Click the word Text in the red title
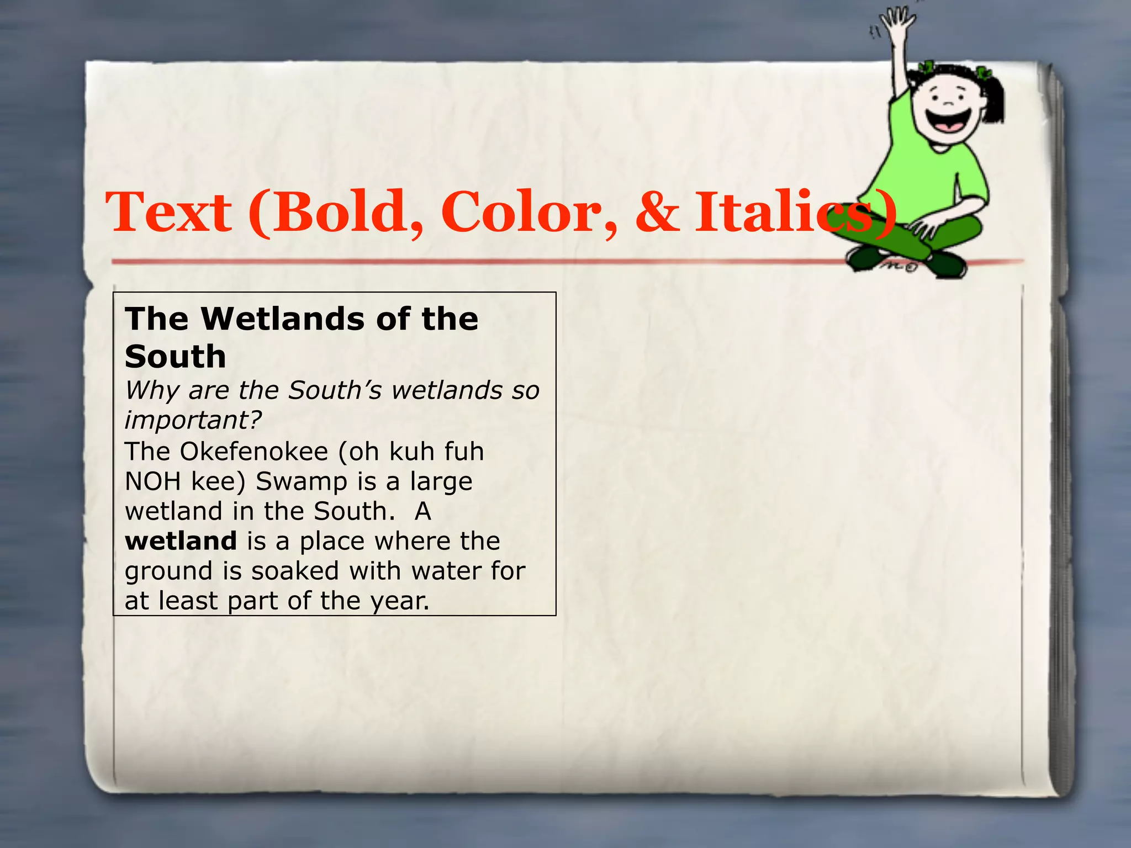click(168, 213)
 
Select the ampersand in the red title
click(657, 213)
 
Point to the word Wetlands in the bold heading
click(283, 319)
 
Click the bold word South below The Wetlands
click(176, 357)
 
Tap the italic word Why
click(152, 391)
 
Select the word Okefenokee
click(253, 452)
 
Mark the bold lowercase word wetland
click(181, 541)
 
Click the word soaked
click(294, 571)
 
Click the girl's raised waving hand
click(897, 25)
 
